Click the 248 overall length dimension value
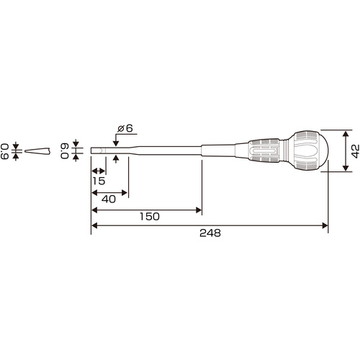pyautogui.click(x=210, y=233)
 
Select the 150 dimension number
pyautogui.click(x=150, y=217)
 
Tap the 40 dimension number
pyautogui.click(x=109, y=199)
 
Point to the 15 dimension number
pyautogui.click(x=99, y=181)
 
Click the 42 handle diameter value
pyautogui.click(x=356, y=151)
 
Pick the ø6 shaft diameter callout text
pyautogui.click(x=125, y=128)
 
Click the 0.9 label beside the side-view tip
pyautogui.click(x=4, y=151)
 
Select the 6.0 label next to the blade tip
pyautogui.click(x=65, y=151)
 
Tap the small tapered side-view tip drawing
pyautogui.click(x=37, y=151)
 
